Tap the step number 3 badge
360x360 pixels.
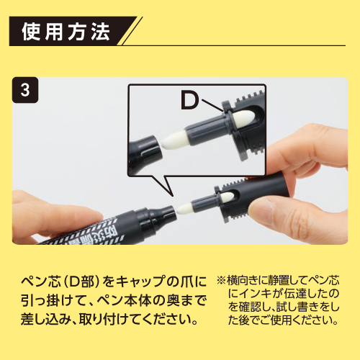[27, 91]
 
